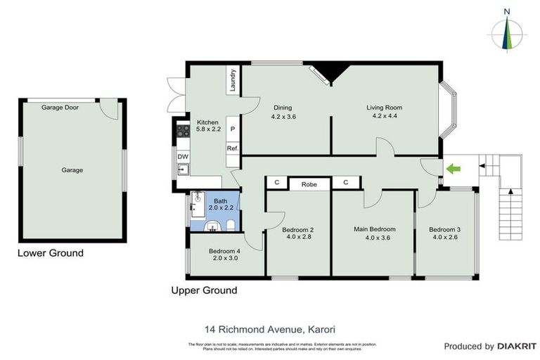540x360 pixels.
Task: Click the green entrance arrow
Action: pos(454,169)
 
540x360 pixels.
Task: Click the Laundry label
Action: pos(232,79)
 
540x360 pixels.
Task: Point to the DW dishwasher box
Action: pos(182,156)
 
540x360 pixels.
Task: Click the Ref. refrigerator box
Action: pos(232,148)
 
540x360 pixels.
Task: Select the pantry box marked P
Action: pos(232,130)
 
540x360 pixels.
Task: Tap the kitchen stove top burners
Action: pos(182,130)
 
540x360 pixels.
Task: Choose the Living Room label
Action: pos(384,108)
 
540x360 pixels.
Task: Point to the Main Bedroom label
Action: pos(374,229)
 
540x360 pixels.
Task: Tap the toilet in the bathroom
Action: pos(230,225)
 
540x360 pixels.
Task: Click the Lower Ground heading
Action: pos(50,253)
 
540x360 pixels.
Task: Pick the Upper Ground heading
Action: pos(204,290)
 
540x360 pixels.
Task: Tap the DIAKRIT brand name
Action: pos(517,346)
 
